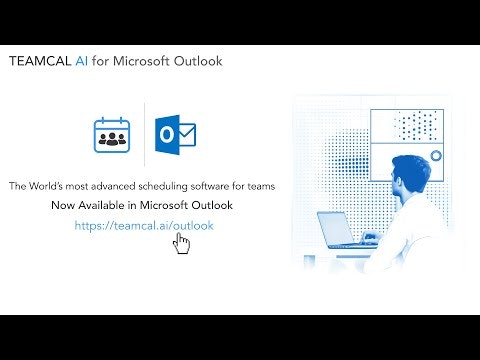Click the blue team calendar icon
[113, 134]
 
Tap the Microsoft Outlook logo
[174, 134]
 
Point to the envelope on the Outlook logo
[184, 134]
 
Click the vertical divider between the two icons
[143, 134]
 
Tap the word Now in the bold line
[63, 206]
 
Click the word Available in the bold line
[105, 206]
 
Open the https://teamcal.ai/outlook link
[144, 226]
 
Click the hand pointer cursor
[181, 243]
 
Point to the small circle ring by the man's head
[435, 156]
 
